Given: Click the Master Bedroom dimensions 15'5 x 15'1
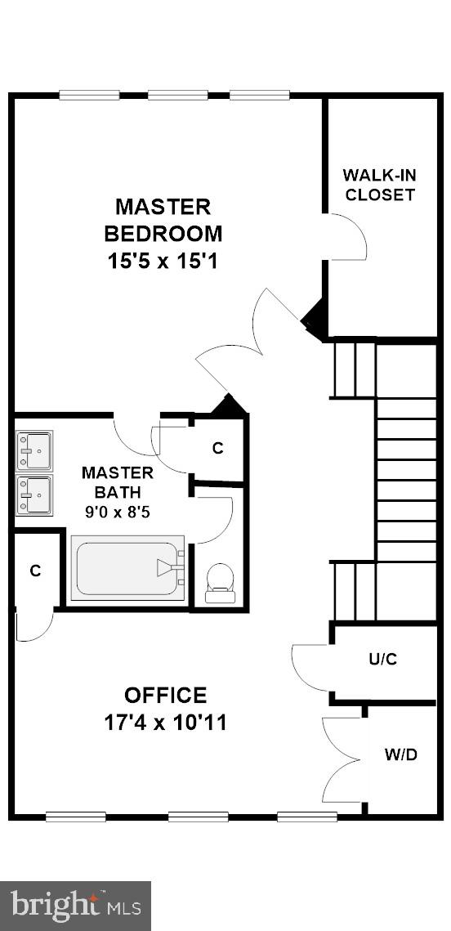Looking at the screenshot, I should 163,262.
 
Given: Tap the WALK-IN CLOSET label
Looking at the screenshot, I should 378,185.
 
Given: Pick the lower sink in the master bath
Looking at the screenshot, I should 34,495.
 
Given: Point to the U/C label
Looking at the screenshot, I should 382,659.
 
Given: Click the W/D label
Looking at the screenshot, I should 400,754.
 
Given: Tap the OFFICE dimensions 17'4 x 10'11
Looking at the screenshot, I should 166,723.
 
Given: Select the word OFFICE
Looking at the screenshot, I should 166,696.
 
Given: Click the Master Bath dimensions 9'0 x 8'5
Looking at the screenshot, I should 118,512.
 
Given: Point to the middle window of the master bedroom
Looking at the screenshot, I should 177,95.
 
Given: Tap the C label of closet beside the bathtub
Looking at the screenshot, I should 35,571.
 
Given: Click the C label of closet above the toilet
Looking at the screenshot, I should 217,448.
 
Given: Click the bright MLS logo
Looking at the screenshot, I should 75,906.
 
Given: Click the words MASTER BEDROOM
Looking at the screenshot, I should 163,219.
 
